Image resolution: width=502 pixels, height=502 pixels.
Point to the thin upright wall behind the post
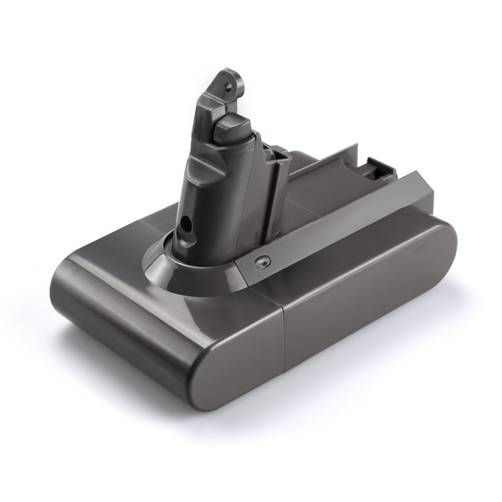328,158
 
